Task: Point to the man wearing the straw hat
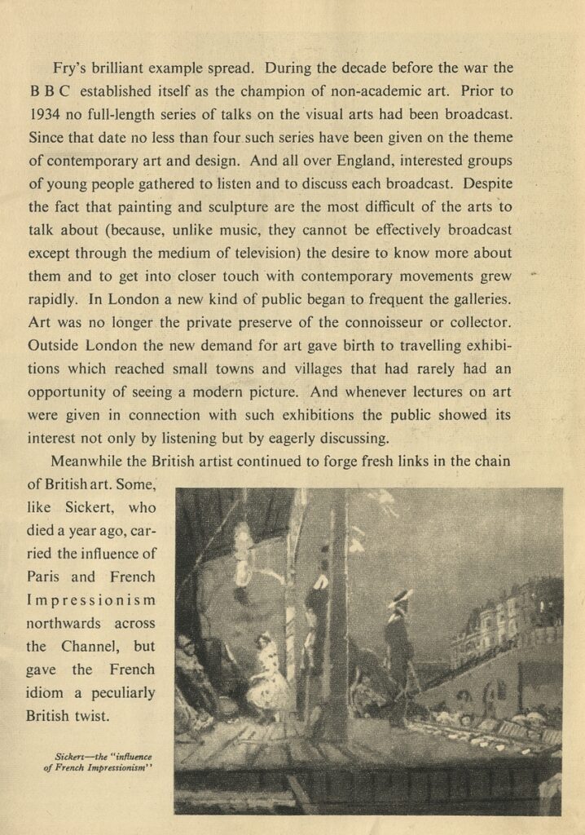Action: point(399,644)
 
